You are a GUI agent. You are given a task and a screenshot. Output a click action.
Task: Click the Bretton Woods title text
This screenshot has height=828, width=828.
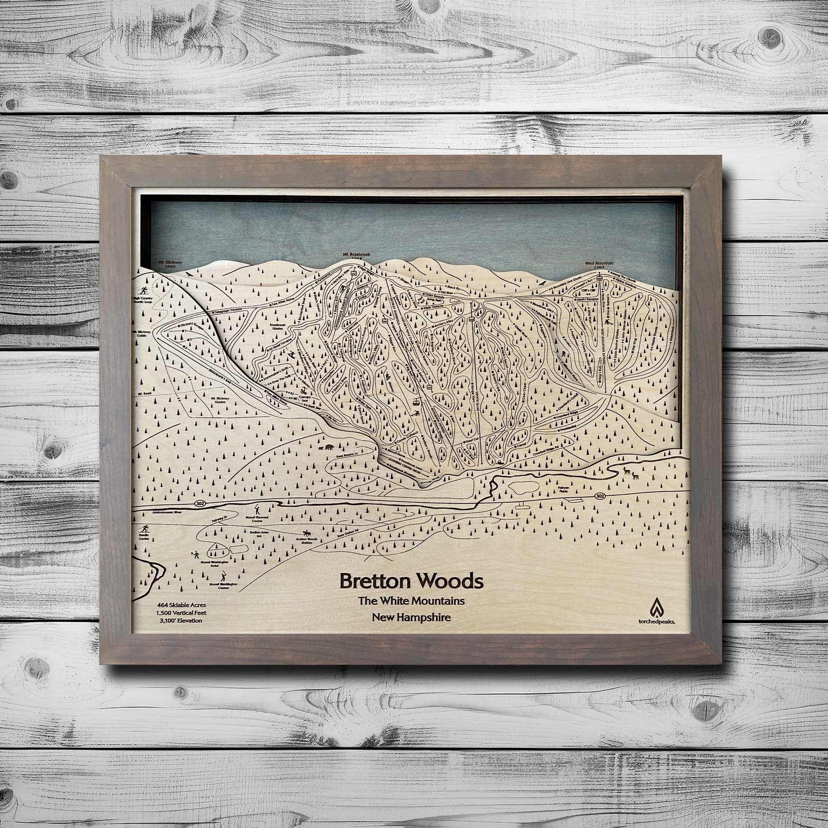tap(411, 581)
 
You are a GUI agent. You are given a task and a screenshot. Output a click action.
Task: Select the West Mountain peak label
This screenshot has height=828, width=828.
tap(599, 263)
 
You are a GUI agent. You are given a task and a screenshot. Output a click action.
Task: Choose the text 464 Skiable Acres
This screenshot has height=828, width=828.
tap(176, 605)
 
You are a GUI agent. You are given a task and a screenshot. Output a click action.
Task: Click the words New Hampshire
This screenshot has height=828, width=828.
tap(411, 617)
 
